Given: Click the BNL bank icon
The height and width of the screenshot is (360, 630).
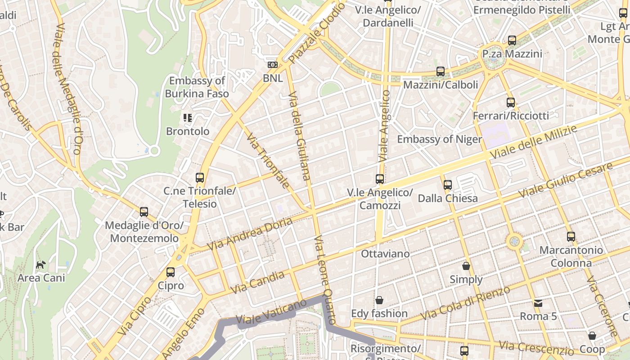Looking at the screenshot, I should [x=273, y=65].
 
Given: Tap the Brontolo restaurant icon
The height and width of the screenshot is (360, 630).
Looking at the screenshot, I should [x=188, y=118].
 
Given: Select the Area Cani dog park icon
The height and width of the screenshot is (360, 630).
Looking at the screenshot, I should [x=41, y=265].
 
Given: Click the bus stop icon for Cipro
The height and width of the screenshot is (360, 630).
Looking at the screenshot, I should [x=171, y=272].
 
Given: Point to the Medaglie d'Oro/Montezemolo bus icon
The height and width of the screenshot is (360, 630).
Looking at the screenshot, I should [x=144, y=211].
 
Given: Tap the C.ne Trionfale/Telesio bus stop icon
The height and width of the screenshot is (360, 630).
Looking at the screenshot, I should [x=200, y=178].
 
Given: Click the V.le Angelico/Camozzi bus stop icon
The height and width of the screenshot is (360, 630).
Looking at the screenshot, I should [x=380, y=179].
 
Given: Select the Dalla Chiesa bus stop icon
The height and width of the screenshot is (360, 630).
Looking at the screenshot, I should [x=448, y=185].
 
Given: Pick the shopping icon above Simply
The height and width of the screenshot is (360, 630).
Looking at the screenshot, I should [x=466, y=266].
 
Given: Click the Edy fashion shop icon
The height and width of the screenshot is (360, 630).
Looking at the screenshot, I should [x=379, y=300].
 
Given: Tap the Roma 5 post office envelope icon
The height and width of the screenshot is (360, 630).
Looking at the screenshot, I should [x=538, y=303].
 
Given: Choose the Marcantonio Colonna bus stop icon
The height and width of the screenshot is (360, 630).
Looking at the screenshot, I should [x=571, y=236].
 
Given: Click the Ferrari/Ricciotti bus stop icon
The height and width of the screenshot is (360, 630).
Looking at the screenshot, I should [x=510, y=103].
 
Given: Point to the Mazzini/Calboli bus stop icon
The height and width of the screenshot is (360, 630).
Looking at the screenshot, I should [x=441, y=72].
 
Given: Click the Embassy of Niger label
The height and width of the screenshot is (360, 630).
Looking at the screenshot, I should [x=439, y=139].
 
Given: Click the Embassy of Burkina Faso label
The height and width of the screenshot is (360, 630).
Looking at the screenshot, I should [x=197, y=87].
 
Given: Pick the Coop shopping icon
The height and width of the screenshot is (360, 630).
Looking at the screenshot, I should [x=592, y=336].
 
